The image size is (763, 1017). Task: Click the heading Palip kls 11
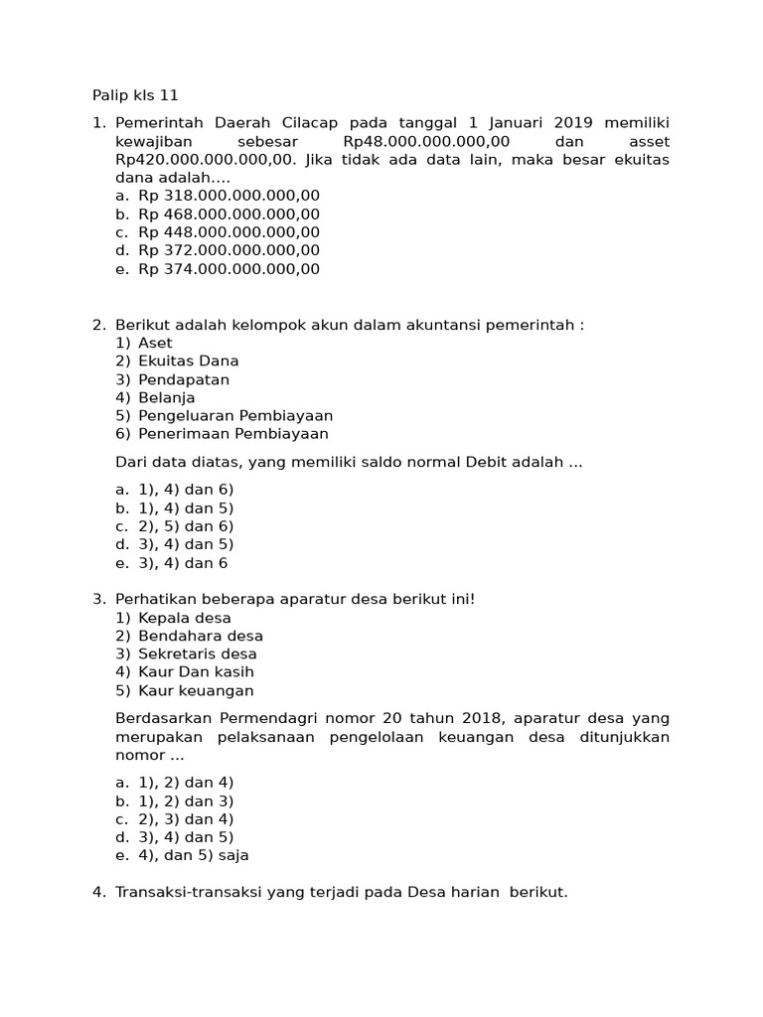135,95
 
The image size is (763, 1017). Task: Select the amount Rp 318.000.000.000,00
229,196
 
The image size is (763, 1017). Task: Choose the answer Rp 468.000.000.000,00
229,214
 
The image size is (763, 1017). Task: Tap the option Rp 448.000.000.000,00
229,232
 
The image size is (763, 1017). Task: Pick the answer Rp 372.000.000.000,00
229,250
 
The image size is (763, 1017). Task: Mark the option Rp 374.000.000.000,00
229,269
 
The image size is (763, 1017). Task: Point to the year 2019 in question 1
573,122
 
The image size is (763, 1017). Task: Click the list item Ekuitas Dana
189,362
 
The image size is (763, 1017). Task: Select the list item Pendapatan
184,379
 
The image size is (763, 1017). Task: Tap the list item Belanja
167,397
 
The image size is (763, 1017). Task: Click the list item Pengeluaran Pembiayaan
235,416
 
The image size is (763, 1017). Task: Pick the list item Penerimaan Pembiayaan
233,434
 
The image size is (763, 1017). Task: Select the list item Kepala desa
185,618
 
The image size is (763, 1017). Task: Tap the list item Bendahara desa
201,636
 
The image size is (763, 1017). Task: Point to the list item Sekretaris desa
198,654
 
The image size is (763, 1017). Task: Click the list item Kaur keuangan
196,691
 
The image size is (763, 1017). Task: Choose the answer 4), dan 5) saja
194,855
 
